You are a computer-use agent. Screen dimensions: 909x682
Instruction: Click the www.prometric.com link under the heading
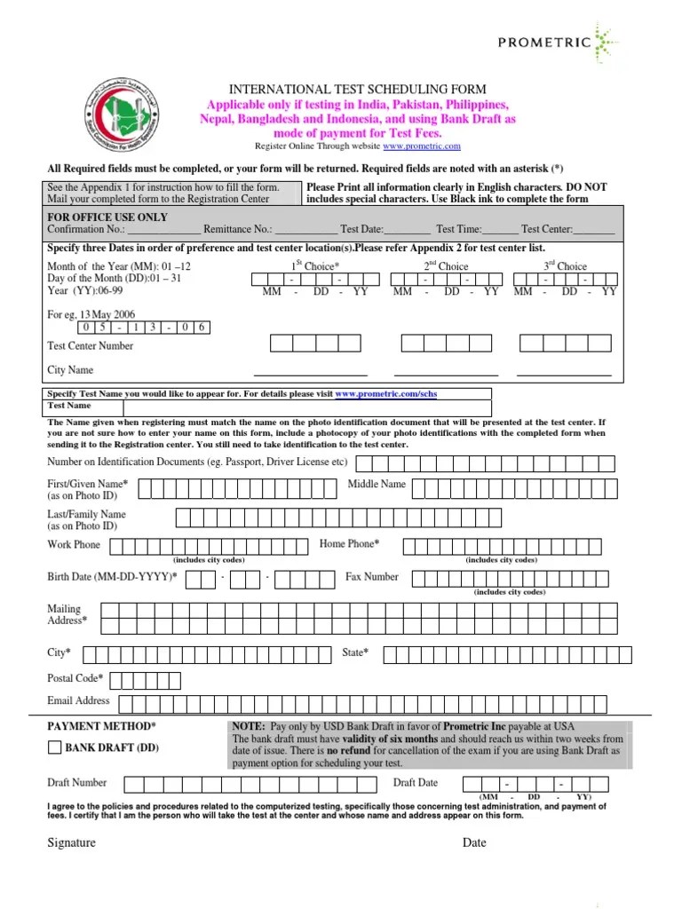pos(422,146)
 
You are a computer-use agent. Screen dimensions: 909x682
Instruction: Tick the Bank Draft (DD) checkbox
pos(54,747)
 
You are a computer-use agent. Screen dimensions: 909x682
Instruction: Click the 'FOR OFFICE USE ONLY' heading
pos(107,217)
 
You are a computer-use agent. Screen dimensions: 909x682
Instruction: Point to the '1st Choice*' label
pos(315,265)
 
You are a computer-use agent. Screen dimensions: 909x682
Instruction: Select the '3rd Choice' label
pos(565,265)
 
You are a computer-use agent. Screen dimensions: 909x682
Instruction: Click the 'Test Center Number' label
pos(90,345)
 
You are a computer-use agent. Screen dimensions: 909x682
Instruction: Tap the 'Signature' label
pos(71,842)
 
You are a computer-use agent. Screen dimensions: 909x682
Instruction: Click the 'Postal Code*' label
pos(75,678)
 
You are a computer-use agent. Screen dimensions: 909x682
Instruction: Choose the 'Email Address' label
pos(78,700)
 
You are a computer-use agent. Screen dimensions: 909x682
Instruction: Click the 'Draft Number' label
pos(76,782)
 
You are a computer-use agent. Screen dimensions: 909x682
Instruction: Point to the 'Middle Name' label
pos(377,484)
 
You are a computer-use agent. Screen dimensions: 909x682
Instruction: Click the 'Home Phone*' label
pos(349,543)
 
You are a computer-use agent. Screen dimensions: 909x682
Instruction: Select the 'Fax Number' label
pos(371,576)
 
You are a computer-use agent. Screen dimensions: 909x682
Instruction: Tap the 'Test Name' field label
pos(69,405)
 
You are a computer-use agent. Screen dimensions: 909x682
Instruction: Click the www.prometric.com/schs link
pos(386,392)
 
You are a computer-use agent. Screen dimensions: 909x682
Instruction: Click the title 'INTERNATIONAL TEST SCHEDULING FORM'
pos(359,89)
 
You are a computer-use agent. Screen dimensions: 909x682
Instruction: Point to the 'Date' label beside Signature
pos(473,842)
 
